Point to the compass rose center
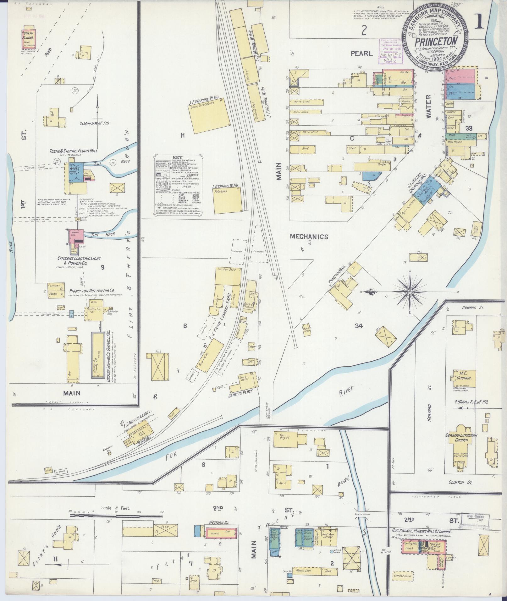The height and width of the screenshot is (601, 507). tap(410, 292)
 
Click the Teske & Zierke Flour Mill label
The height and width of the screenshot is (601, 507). tap(73, 151)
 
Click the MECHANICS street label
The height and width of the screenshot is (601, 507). tap(309, 237)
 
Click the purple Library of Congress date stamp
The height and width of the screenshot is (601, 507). tap(390, 51)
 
